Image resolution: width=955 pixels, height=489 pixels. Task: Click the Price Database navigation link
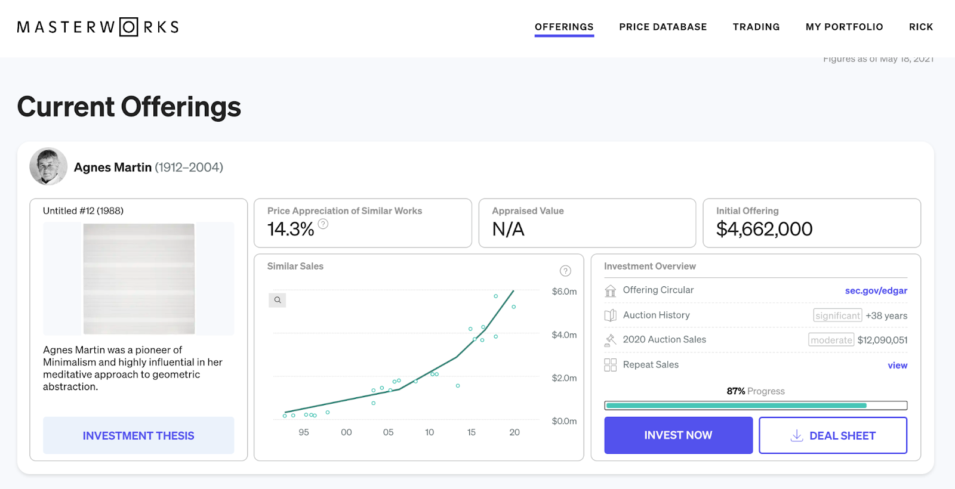tap(663, 27)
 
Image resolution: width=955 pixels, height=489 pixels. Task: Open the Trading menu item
tap(756, 27)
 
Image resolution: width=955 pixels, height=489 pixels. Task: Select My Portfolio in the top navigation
tap(844, 27)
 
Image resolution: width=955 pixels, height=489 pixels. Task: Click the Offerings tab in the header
tap(564, 27)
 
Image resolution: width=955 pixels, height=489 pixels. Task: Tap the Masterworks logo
tap(98, 27)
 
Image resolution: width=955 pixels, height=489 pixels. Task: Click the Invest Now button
tap(678, 435)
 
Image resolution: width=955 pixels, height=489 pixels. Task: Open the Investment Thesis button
tap(138, 435)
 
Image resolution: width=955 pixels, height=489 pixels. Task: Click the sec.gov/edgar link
tap(876, 290)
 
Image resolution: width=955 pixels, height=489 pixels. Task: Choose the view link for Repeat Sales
tap(897, 365)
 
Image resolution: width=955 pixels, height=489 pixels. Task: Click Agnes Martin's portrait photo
tap(48, 166)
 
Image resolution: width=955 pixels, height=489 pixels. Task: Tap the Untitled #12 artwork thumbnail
tap(138, 278)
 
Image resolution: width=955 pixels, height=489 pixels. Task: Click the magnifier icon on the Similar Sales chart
tap(278, 300)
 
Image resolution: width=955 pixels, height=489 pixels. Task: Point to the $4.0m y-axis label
tap(564, 335)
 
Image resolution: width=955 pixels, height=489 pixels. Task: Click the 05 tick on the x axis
tap(388, 432)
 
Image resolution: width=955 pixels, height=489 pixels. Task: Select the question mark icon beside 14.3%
tap(323, 224)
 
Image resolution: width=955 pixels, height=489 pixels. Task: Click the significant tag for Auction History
tap(837, 315)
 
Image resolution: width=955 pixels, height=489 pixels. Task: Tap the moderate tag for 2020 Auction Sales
tap(831, 340)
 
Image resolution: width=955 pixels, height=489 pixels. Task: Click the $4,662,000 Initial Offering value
tap(764, 229)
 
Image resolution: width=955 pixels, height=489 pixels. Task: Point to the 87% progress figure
tap(736, 391)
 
